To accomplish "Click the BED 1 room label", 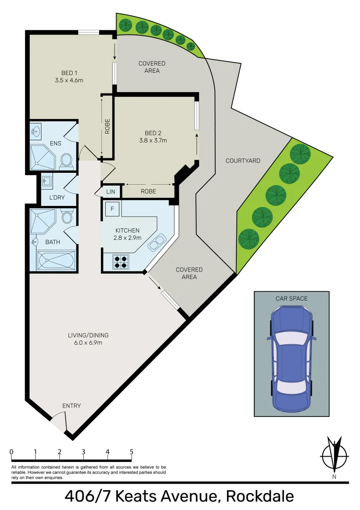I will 69,73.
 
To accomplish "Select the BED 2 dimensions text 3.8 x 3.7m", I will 153,140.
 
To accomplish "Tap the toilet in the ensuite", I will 67,161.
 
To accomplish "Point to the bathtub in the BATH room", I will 56,261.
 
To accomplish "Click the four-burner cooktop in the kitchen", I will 120,262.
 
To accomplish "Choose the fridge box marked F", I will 112,208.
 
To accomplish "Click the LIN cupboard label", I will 111,192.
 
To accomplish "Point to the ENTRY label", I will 72,406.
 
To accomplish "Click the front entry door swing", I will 59,420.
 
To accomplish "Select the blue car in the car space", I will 291,359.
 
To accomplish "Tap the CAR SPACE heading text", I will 292,298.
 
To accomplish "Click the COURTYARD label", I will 243,161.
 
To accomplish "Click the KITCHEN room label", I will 127,230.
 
